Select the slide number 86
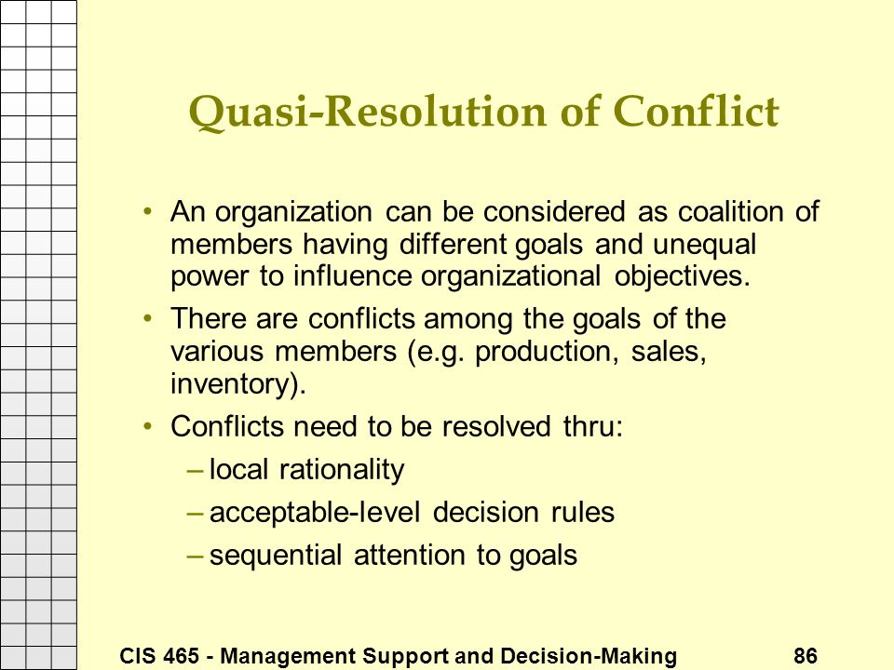(805, 656)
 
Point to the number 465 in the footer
(182, 656)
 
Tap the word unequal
(705, 246)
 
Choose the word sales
(669, 352)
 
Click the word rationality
(342, 471)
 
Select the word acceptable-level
(315, 513)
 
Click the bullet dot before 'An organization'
(148, 211)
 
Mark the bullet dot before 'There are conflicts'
(148, 318)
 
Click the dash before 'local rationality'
(195, 471)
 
